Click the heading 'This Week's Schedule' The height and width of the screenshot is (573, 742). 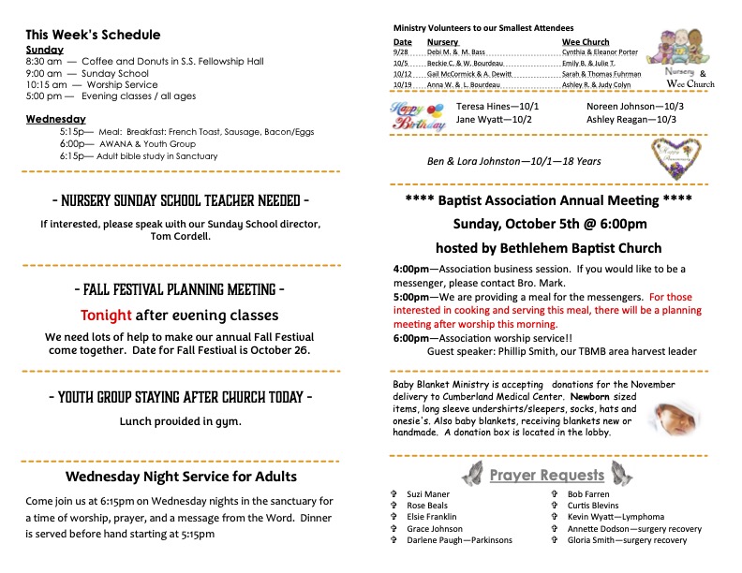pos(93,35)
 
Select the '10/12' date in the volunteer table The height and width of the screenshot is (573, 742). pos(404,72)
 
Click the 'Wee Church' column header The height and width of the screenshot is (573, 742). pos(586,42)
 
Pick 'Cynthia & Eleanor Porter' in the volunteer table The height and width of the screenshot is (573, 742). pos(600,52)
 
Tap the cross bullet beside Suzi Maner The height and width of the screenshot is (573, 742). pos(394,492)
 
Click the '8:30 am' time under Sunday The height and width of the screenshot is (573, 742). pos(42,60)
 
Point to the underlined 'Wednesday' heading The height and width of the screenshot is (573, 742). pos(55,119)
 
